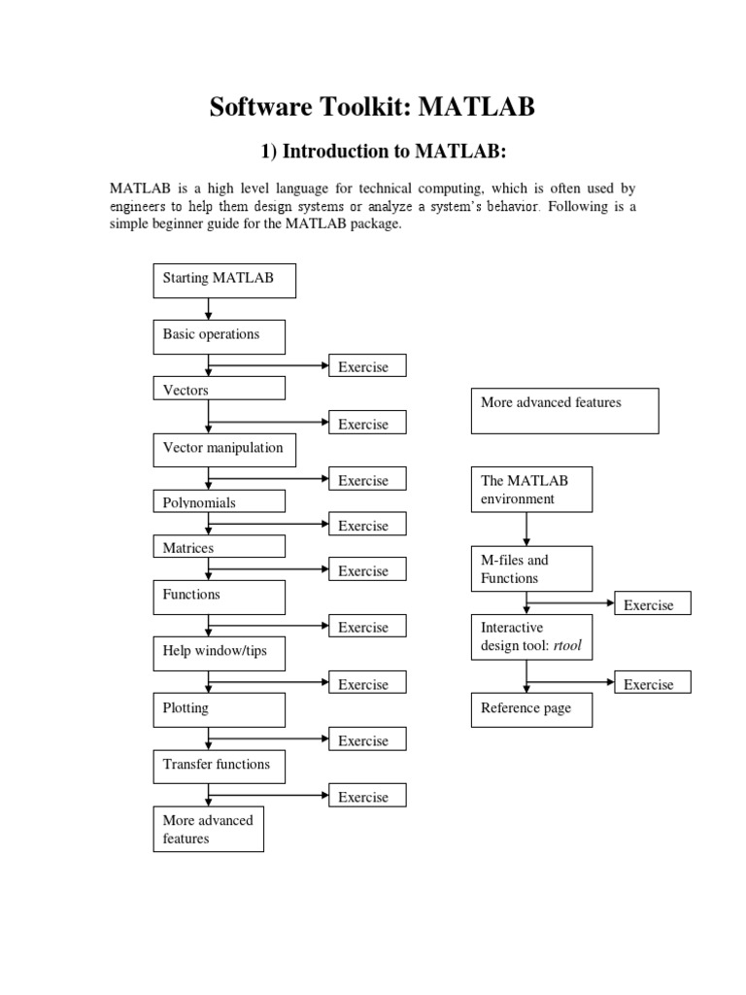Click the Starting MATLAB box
point(224,280)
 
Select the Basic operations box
point(220,336)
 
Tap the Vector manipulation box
point(224,450)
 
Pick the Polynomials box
point(220,501)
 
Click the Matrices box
point(220,547)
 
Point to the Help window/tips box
point(220,653)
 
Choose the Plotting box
point(220,710)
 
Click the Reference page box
point(531,709)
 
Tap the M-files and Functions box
point(531,569)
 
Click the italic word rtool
point(567,646)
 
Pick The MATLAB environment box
point(531,490)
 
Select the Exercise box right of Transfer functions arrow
point(367,797)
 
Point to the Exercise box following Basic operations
point(367,366)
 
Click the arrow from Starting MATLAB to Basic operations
point(208,309)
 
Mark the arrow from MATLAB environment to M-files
point(526,530)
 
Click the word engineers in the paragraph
point(142,206)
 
